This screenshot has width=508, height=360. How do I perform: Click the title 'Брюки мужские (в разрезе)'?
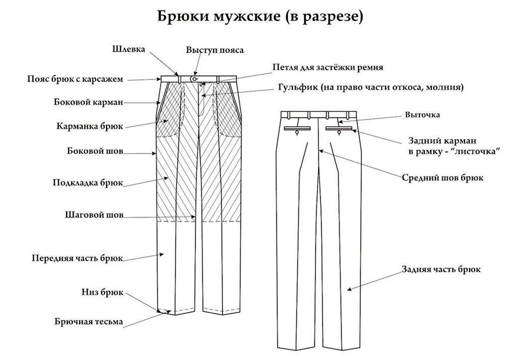click(x=260, y=16)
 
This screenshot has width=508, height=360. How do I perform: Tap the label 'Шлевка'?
click(x=128, y=49)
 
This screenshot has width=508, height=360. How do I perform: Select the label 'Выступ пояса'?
click(x=215, y=50)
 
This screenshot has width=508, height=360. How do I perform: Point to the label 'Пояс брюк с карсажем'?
click(x=74, y=79)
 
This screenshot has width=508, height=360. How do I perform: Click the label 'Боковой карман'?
click(x=88, y=102)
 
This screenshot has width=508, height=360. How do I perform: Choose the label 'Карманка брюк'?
click(x=90, y=126)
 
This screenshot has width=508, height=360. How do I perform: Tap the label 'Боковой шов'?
click(x=95, y=151)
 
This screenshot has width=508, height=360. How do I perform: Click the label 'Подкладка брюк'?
click(x=88, y=182)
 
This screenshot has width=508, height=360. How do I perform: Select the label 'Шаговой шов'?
click(x=94, y=216)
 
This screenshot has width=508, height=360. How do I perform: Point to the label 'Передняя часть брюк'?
click(x=77, y=258)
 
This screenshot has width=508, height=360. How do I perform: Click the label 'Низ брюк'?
click(x=102, y=292)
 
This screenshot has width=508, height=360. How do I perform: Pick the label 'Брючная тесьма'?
click(x=89, y=322)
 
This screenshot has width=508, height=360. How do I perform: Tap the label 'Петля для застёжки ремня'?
click(x=328, y=67)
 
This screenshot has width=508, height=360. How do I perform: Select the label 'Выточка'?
click(x=422, y=115)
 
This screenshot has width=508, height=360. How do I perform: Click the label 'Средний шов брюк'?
click(x=443, y=177)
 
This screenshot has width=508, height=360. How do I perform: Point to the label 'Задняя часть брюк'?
click(x=441, y=270)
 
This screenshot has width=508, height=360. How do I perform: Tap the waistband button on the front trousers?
click(x=194, y=79)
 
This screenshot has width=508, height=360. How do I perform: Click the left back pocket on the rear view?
click(x=298, y=129)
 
